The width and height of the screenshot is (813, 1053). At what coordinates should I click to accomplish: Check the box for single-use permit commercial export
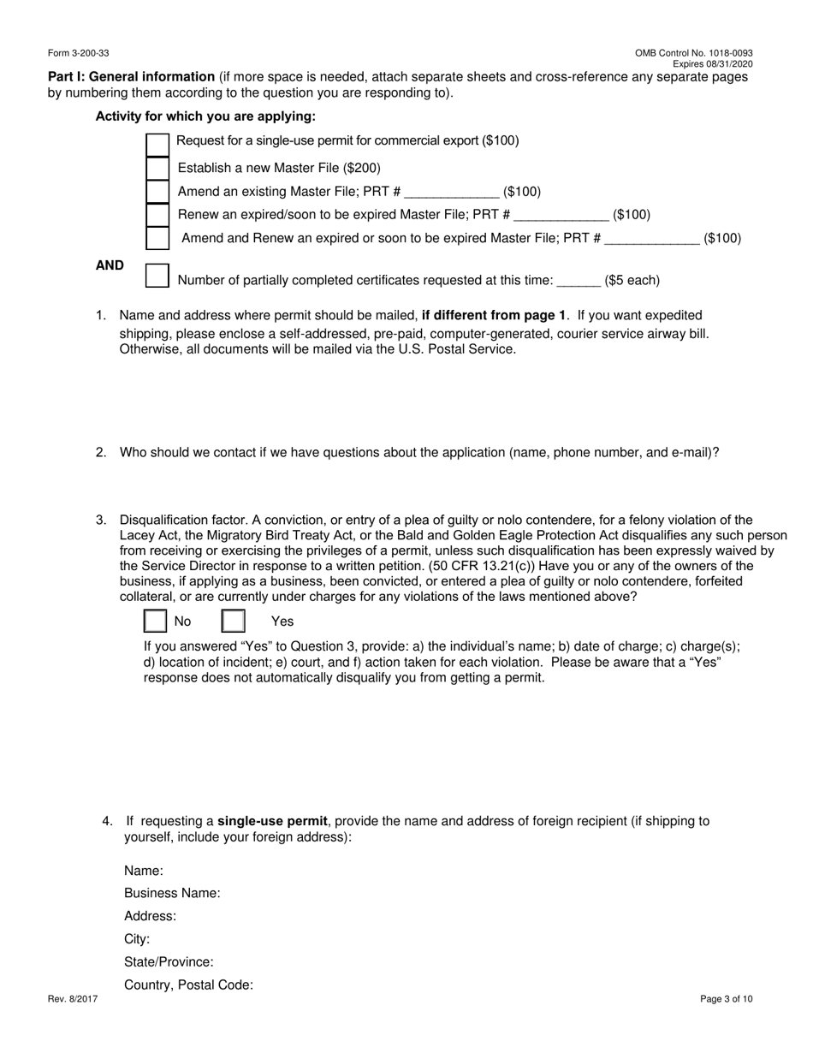pyautogui.click(x=157, y=146)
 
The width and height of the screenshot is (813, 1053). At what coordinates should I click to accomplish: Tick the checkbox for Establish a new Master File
pyautogui.click(x=157, y=169)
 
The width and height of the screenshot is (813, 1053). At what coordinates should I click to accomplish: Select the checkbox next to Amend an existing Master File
pyautogui.click(x=157, y=192)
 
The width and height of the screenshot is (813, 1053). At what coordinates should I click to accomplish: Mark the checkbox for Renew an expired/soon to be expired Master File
pyautogui.click(x=157, y=215)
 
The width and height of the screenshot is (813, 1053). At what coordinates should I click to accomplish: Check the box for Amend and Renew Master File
pyautogui.click(x=157, y=238)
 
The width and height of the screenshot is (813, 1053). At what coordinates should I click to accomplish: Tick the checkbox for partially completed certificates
pyautogui.click(x=157, y=276)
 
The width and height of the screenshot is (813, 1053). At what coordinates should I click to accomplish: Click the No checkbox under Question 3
pyautogui.click(x=155, y=621)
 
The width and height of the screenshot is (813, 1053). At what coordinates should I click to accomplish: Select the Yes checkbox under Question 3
pyautogui.click(x=234, y=621)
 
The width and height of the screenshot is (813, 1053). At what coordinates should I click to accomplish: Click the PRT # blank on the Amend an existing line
pyautogui.click(x=451, y=192)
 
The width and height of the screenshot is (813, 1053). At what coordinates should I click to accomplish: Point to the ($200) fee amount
pyautogui.click(x=362, y=169)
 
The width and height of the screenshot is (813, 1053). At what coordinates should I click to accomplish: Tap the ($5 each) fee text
pyautogui.click(x=632, y=281)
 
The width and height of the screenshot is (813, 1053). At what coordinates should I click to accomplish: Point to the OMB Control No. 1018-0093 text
pyautogui.click(x=694, y=53)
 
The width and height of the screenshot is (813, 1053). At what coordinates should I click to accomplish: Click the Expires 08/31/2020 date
pyautogui.click(x=712, y=64)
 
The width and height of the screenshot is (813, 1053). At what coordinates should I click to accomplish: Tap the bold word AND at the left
pyautogui.click(x=110, y=266)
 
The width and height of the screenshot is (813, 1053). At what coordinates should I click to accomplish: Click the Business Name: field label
pyautogui.click(x=172, y=893)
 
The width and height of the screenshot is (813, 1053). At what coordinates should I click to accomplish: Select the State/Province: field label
pyautogui.click(x=169, y=962)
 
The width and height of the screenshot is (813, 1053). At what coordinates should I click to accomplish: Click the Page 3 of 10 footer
pyautogui.click(x=727, y=998)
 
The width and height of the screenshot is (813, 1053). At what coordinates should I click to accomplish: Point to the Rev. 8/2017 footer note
pyautogui.click(x=73, y=998)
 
